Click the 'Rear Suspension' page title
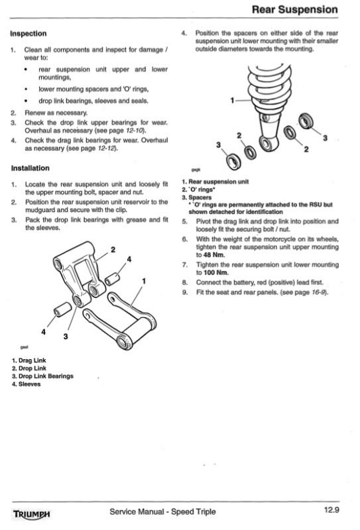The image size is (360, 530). coord(295,9)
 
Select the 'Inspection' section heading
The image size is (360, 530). coord(29,34)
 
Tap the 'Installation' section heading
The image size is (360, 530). coord(30,168)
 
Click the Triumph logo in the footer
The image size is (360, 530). coord(31,514)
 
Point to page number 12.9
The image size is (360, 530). coord(331,510)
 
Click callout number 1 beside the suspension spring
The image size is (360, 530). coord(232,101)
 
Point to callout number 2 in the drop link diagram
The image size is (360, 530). coord(113,250)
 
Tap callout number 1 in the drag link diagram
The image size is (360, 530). coord(144,281)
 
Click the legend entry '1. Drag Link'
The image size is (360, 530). coord(29,360)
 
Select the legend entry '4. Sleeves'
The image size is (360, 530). coord(26,384)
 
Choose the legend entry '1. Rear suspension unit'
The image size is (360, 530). coord(215,182)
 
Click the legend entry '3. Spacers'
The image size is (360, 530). coord(197,197)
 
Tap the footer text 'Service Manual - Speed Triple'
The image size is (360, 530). coord(162,511)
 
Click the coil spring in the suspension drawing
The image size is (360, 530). coord(270,89)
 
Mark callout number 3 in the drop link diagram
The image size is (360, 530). coord(65,337)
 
